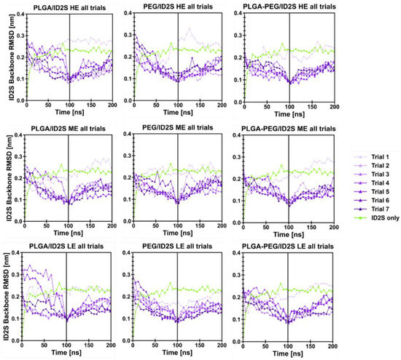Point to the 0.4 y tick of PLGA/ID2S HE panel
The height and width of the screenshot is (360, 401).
(18, 15)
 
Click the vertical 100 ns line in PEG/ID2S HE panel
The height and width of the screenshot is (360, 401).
(177, 58)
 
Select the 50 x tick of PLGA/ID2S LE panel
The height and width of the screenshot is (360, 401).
(48, 343)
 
